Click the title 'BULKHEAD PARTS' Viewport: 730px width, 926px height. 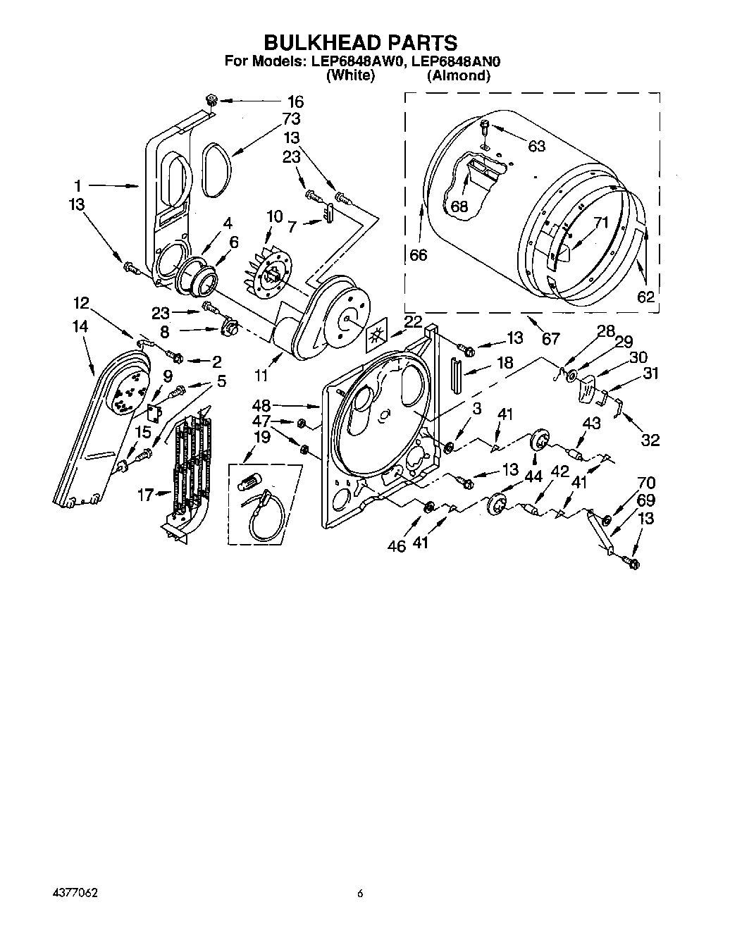pos(360,44)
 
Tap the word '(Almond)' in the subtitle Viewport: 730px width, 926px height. pos(458,75)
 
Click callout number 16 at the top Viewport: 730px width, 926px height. pos(294,101)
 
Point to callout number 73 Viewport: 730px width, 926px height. pos(291,118)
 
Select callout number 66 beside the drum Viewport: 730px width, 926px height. pos(419,254)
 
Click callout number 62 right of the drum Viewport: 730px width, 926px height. pos(645,297)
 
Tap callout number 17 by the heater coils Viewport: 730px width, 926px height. pos(145,495)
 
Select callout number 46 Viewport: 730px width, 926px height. pos(397,545)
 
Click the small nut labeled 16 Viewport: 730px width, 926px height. pos(211,99)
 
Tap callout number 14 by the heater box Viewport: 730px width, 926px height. pos(80,326)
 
